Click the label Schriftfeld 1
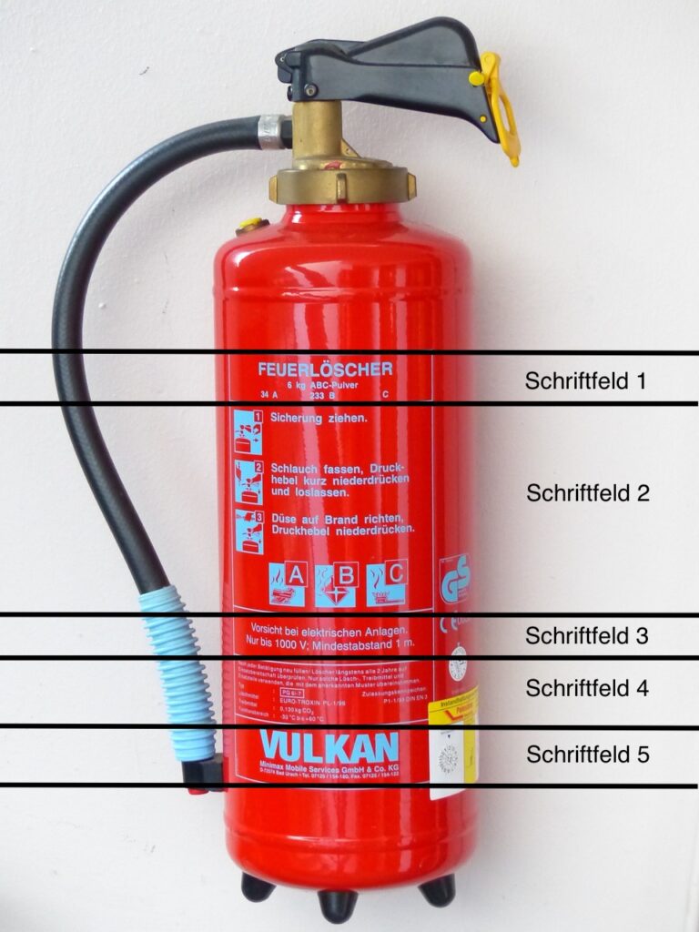pyautogui.click(x=585, y=380)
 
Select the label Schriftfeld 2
pyautogui.click(x=587, y=493)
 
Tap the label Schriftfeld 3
pyautogui.click(x=586, y=636)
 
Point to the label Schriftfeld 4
pyautogui.click(x=586, y=688)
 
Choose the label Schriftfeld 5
pyautogui.click(x=587, y=755)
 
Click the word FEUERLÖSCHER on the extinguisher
pyautogui.click(x=325, y=370)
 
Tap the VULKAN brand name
pyautogui.click(x=329, y=747)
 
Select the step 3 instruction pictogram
pyautogui.click(x=248, y=531)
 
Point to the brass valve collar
pyautogui.click(x=341, y=182)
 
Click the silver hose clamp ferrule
pyautogui.click(x=270, y=131)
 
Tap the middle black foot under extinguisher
pyautogui.click(x=338, y=903)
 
